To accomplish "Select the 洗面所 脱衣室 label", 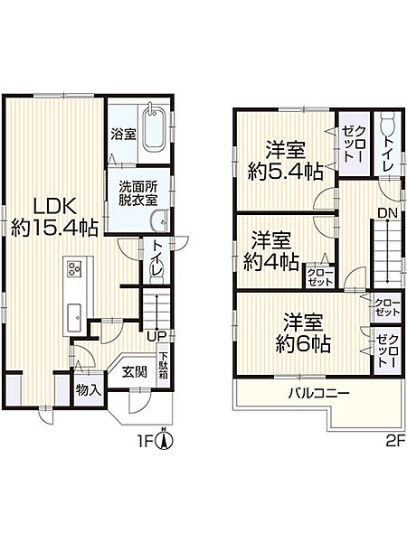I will [137, 192].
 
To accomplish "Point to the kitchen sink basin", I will [73, 317].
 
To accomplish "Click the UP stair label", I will [157, 336].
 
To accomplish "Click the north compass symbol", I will [163, 441].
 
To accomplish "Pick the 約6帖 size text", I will [302, 344].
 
